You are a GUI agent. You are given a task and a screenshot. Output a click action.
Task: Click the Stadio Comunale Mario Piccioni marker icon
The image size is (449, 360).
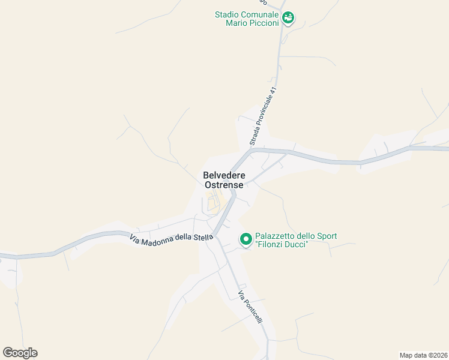[289, 18]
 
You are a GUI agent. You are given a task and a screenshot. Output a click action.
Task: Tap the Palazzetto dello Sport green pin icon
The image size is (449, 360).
[246, 239]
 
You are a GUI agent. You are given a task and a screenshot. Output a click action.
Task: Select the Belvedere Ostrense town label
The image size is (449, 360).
[224, 180]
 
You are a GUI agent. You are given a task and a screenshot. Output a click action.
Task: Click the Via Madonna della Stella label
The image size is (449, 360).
[171, 238]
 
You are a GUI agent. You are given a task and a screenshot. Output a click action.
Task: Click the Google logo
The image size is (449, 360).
[20, 353]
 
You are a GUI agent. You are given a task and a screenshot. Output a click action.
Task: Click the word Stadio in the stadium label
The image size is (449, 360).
[228, 14]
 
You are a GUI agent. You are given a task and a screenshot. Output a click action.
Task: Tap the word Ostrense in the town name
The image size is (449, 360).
[224, 185]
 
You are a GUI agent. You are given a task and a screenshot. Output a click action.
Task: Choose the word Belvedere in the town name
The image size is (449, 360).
[224, 175]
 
